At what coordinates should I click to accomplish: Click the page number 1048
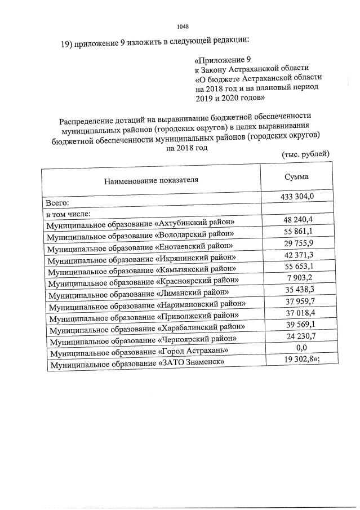tap(182, 26)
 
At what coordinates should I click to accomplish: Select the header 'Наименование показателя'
tap(151, 180)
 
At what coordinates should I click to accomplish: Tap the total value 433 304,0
tap(296, 196)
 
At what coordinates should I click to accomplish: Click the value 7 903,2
tap(296, 280)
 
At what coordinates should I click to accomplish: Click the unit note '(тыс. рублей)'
tap(305, 154)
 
